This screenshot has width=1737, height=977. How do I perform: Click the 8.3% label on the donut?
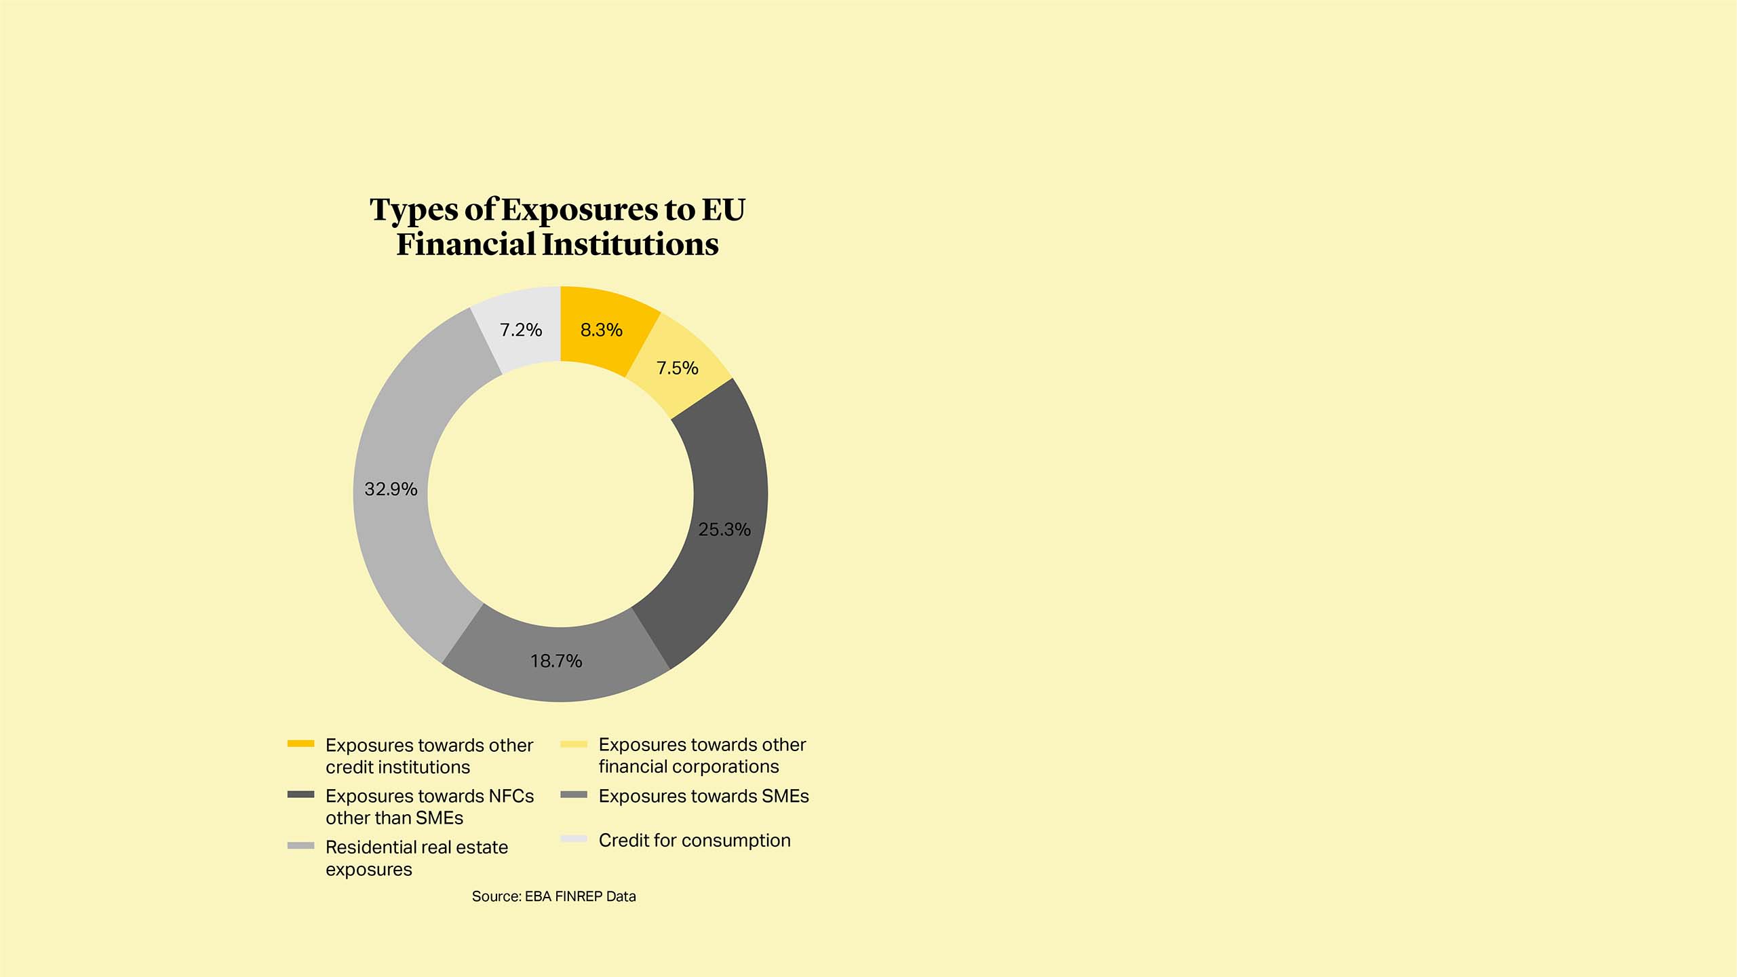pyautogui.click(x=601, y=330)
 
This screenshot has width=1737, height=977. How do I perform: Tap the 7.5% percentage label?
pyautogui.click(x=677, y=368)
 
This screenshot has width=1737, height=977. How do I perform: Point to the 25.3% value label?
pyautogui.click(x=724, y=530)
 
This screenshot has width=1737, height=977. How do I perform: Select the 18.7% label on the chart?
pyautogui.click(x=556, y=662)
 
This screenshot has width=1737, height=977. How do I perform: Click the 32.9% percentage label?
pyautogui.click(x=391, y=489)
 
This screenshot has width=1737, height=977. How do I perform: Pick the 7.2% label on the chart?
pyautogui.click(x=521, y=330)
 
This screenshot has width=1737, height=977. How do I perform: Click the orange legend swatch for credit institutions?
pyautogui.click(x=300, y=744)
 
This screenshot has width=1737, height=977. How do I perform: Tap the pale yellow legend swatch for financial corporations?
pyautogui.click(x=574, y=744)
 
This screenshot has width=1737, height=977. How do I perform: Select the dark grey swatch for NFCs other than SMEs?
pyautogui.click(x=300, y=794)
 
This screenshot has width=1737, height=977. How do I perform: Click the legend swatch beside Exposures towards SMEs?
pyautogui.click(x=574, y=794)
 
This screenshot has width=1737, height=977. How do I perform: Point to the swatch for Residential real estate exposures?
pyautogui.click(x=300, y=846)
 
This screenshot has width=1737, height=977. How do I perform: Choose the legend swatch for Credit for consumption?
pyautogui.click(x=574, y=839)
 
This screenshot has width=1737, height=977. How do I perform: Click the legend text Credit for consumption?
pyautogui.click(x=695, y=841)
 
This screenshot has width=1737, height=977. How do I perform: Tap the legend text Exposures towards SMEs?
pyautogui.click(x=703, y=797)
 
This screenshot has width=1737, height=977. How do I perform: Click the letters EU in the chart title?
pyautogui.click(x=723, y=210)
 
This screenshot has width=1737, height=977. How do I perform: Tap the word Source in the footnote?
pyautogui.click(x=496, y=897)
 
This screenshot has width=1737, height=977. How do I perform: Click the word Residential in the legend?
pyautogui.click(x=370, y=847)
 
